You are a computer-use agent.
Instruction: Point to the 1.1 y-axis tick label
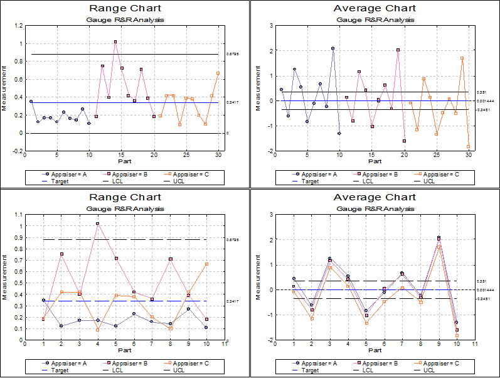pos(19,214)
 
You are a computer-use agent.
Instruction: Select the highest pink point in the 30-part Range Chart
pos(115,41)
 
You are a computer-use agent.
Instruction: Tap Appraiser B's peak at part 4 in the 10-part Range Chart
pos(97,223)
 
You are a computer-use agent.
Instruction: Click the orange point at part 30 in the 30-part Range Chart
pos(218,73)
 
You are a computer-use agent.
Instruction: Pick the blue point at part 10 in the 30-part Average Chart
pos(339,133)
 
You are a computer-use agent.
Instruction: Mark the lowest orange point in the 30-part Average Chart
pos(468,146)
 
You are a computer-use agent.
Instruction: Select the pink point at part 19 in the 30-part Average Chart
pos(398,50)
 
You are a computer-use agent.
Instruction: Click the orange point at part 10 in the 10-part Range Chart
pos(206,264)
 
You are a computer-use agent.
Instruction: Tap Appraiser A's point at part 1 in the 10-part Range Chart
pos(43,300)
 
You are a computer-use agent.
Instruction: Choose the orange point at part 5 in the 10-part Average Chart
pos(366,323)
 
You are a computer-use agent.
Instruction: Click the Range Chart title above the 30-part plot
pos(125,8)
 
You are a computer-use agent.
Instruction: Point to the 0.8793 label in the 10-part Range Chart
pos(232,239)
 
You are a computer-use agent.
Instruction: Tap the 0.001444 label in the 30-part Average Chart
pos(485,100)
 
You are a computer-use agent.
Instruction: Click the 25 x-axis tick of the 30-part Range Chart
pos(186,155)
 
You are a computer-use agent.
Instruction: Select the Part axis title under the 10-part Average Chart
pos(375,350)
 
